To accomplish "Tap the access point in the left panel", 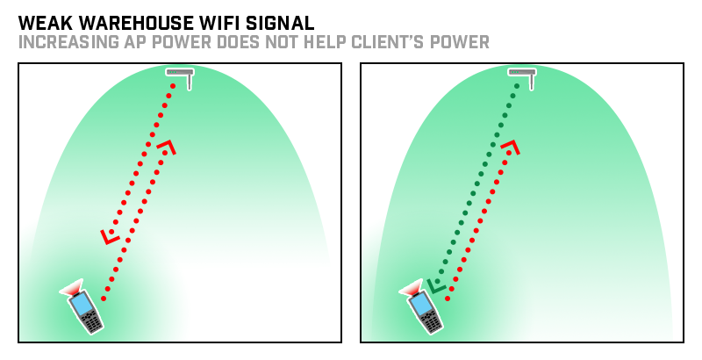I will [181, 76].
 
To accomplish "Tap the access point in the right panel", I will [523, 76].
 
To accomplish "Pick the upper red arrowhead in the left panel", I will [167, 147].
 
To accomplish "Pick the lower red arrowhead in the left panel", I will [110, 236].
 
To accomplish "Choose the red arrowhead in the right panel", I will [510, 147].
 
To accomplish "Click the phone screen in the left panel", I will [82, 304].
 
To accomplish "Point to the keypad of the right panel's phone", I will [431, 320].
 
